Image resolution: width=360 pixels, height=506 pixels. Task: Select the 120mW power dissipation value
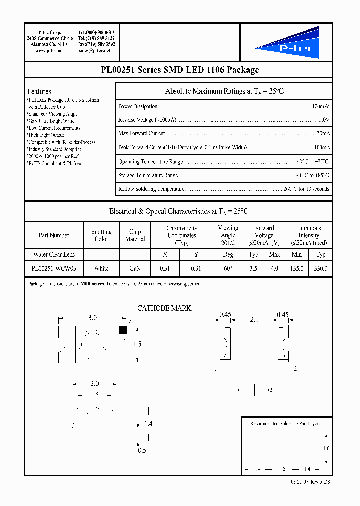tap(320, 106)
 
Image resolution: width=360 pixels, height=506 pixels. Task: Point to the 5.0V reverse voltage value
tap(324, 120)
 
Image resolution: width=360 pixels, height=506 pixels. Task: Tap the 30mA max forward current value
tap(323, 134)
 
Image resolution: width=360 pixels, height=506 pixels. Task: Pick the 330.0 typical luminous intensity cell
tap(320, 268)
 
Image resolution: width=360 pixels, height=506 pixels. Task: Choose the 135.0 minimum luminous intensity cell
tap(297, 268)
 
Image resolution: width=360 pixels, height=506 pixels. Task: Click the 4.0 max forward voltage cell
tap(274, 268)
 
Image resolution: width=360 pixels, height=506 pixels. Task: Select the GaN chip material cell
tap(135, 268)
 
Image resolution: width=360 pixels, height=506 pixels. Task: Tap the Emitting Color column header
tap(101, 235)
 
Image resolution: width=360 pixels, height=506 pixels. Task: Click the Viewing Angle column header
tap(228, 235)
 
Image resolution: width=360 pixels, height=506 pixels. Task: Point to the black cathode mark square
tap(122, 330)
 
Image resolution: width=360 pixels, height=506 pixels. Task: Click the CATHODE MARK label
tap(164, 308)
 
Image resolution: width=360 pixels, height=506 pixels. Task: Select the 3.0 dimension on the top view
tap(92, 318)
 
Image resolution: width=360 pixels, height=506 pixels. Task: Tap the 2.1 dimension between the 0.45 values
tap(253, 319)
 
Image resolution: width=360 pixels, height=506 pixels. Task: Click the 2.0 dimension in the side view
tap(94, 384)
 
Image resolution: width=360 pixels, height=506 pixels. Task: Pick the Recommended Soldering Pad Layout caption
tap(285, 423)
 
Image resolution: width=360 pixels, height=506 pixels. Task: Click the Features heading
tap(40, 92)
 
